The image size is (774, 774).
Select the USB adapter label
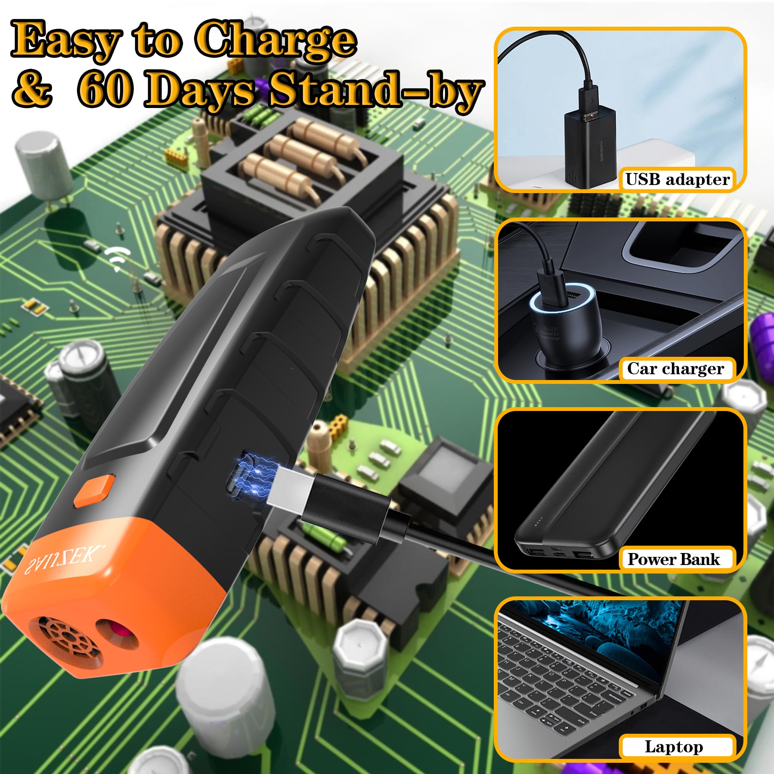tap(677, 179)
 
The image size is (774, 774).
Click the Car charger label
tap(675, 368)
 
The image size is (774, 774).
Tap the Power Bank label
tap(673, 559)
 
